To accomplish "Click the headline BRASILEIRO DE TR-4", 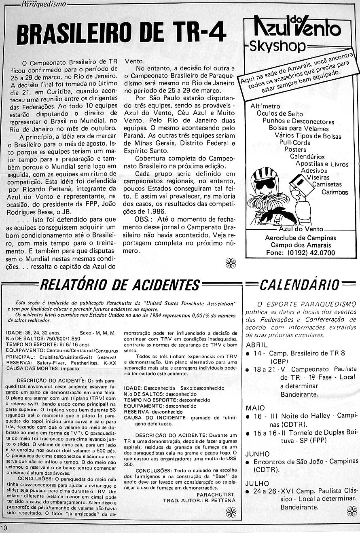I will click(x=121, y=34).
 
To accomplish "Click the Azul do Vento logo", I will click(x=297, y=27).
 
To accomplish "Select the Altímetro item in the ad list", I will click(x=265, y=106).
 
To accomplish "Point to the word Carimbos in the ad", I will click(x=335, y=192).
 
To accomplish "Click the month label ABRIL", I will click(x=256, y=345).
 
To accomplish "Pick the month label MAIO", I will click(x=255, y=408).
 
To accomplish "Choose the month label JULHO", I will click(x=257, y=484).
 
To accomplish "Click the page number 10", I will click(x=4, y=528).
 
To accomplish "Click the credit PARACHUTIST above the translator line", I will click(x=215, y=495).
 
